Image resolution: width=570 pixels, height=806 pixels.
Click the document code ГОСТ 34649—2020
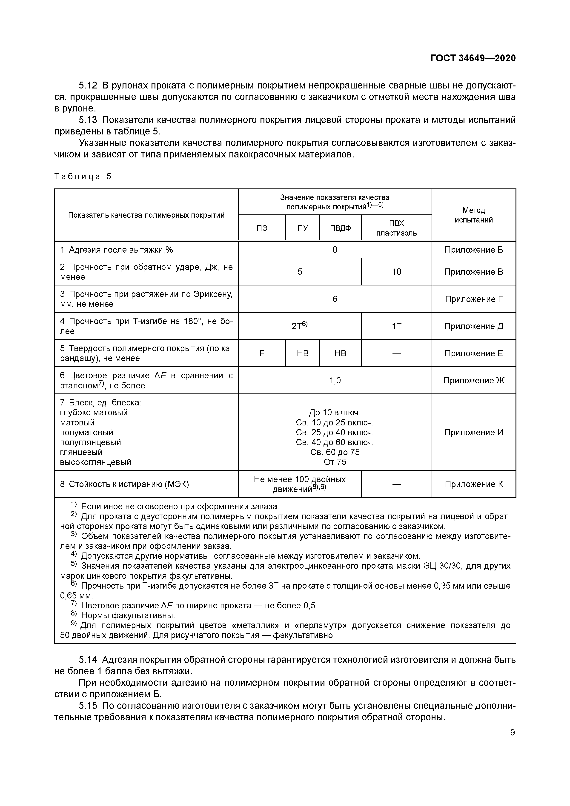pos(473,58)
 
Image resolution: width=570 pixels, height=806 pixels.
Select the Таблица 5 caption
pos(83,176)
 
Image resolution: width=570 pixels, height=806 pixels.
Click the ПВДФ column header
pos(340,228)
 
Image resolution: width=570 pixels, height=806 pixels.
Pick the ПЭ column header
pos(262,228)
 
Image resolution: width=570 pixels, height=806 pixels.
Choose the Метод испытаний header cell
pos(473,215)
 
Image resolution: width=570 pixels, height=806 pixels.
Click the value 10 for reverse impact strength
pos(396,272)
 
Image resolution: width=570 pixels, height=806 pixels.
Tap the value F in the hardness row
pos(262,353)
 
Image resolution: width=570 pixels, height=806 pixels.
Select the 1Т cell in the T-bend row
pos(396,326)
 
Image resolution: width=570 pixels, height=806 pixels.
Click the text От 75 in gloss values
pos(335,462)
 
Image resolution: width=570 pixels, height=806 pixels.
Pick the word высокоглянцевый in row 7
pos(95,462)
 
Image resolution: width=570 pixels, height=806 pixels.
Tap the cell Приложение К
pos(473,484)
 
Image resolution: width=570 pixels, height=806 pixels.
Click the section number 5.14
pos(88,660)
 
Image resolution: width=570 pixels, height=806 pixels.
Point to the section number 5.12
pos(88,85)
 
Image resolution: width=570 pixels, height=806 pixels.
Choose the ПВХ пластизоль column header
pos(396,228)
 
